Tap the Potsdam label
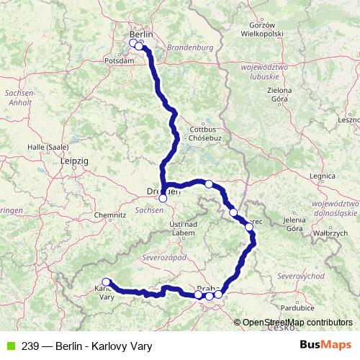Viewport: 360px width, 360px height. point(120,61)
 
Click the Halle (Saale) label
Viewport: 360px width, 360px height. point(48,147)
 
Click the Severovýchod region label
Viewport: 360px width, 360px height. point(302,276)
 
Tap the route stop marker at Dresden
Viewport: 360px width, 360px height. point(163,198)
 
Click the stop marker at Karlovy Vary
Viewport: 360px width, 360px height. point(106,282)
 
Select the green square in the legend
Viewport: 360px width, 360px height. point(9,346)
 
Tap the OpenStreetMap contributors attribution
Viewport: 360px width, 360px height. point(297,323)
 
